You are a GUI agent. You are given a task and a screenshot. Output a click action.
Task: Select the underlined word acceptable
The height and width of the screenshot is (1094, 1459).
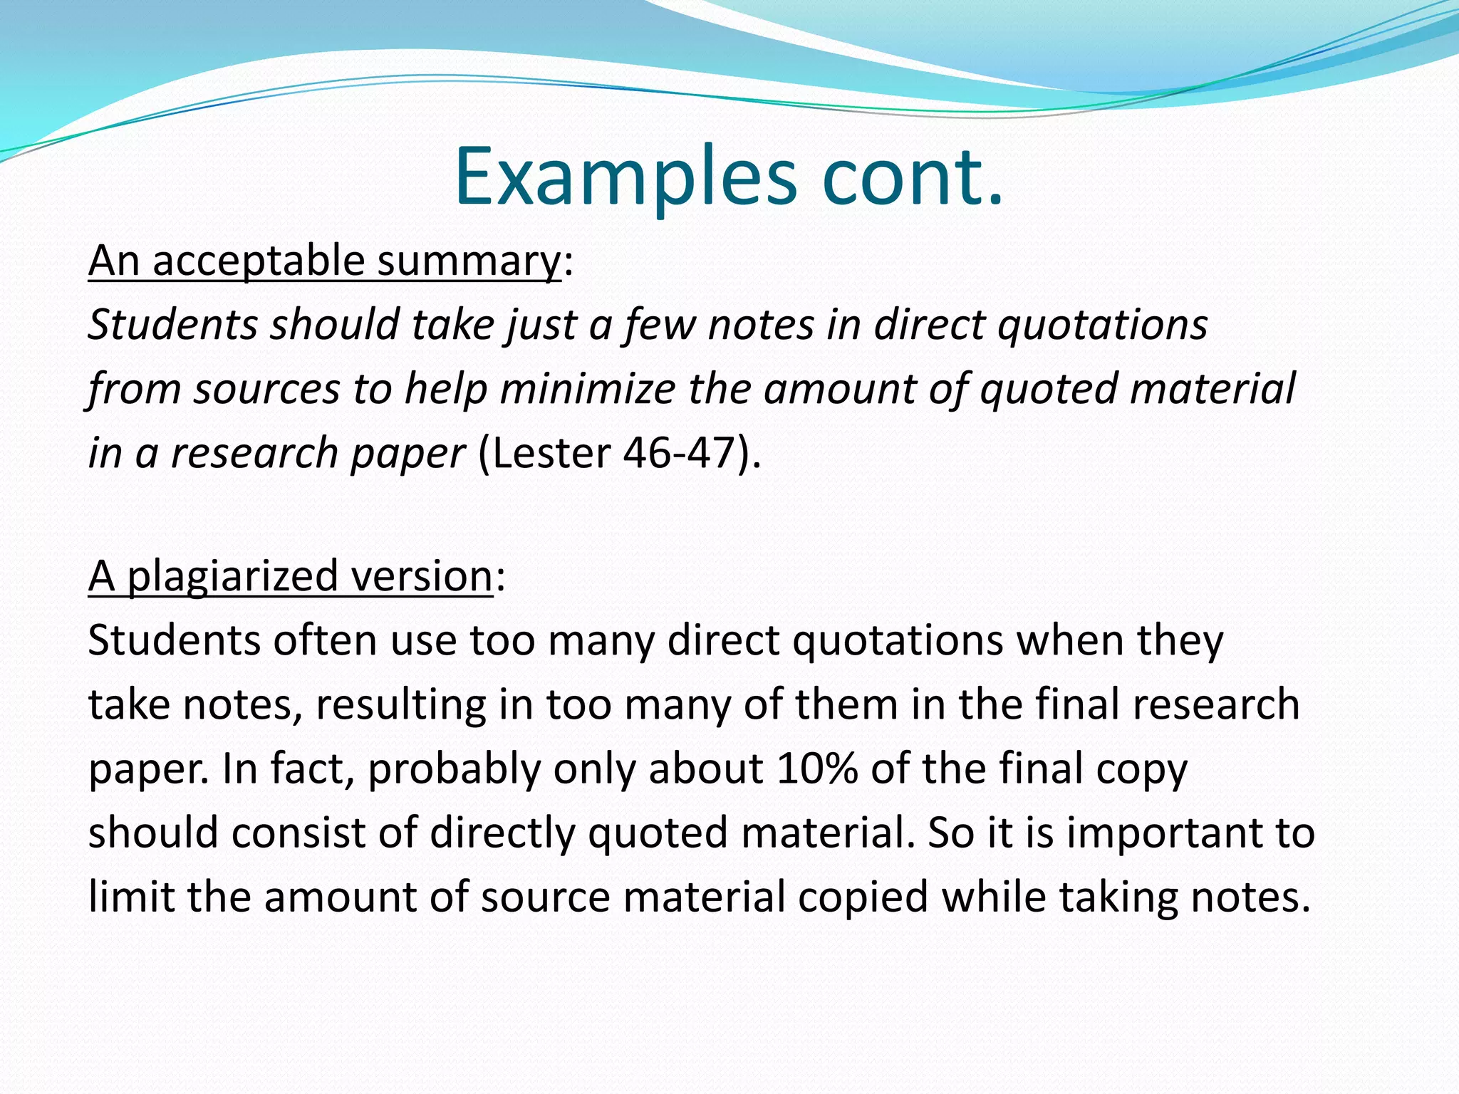tap(259, 261)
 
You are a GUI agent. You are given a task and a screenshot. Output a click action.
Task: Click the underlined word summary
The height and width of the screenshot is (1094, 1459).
tap(469, 261)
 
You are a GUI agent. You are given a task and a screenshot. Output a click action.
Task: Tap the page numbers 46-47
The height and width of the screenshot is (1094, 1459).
tap(679, 453)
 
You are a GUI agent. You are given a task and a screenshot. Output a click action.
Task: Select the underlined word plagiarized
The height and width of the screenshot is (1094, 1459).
tap(232, 576)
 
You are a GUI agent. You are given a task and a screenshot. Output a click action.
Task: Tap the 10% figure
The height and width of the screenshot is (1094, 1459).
tap(817, 769)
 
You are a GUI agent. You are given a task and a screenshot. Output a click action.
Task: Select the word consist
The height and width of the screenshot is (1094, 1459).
tap(298, 833)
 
